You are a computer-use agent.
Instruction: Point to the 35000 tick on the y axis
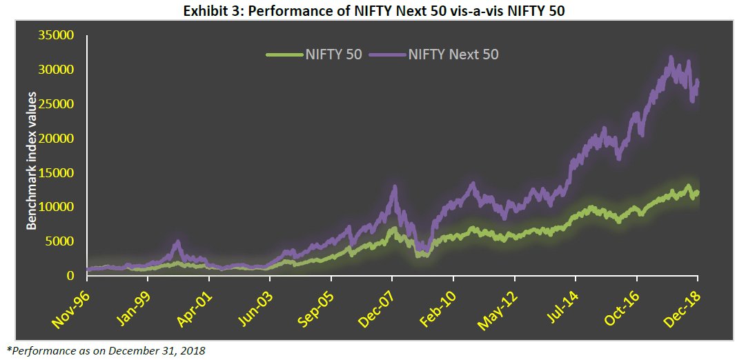[x=58, y=36]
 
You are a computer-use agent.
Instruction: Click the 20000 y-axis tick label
[x=58, y=139]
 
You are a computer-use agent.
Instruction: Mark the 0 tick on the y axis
[x=71, y=276]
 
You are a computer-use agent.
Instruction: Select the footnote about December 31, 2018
[x=106, y=350]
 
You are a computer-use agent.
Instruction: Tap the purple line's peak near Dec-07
[x=394, y=187]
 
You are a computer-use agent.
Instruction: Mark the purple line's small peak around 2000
[x=177, y=243]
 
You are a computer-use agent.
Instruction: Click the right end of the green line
[x=697, y=192]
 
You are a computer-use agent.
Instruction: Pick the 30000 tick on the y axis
[x=58, y=70]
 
